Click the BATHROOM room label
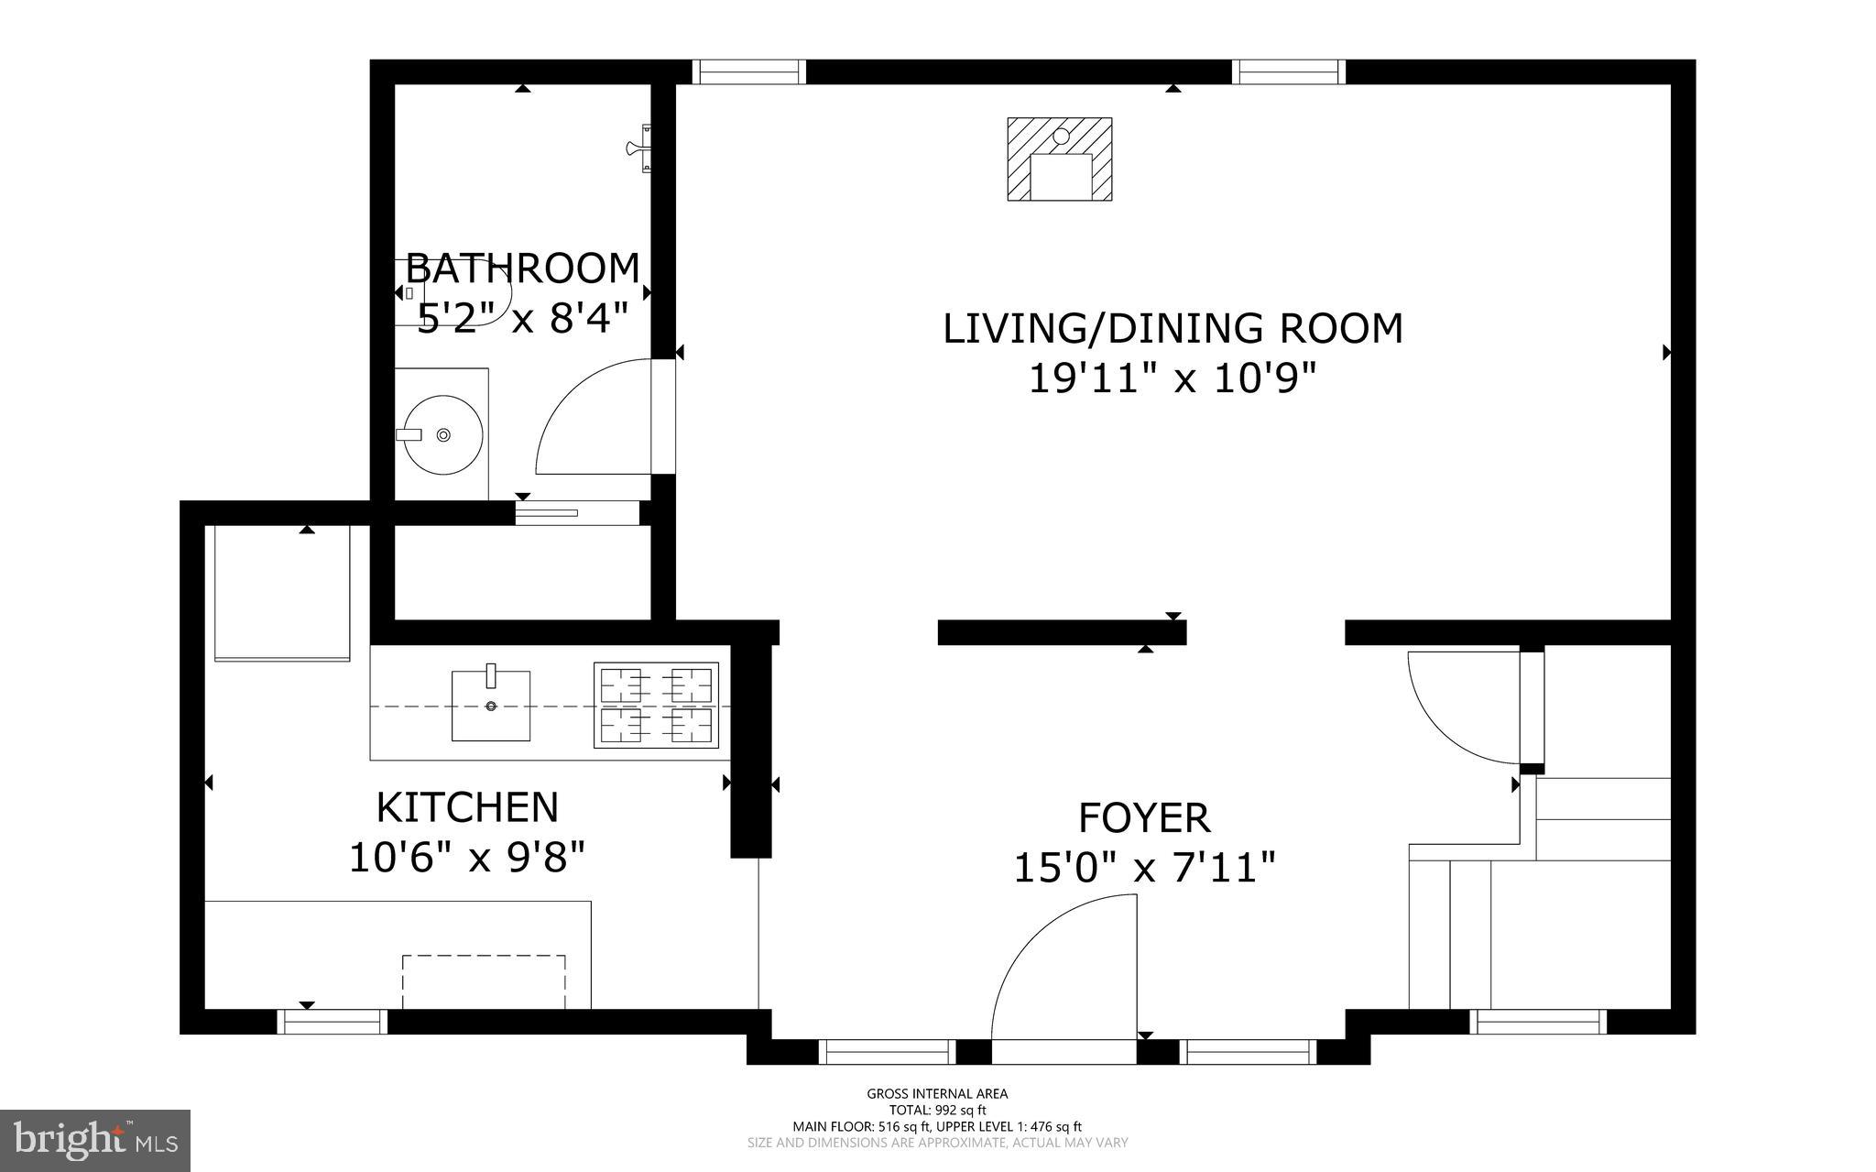tap(522, 268)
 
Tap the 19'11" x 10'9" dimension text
tap(1172, 377)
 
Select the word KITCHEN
tap(467, 807)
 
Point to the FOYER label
tap(1144, 817)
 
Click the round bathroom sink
tap(443, 434)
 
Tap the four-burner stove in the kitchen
tap(656, 705)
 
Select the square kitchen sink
tap(491, 705)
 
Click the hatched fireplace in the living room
tap(1060, 159)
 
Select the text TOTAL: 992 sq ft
tap(937, 1110)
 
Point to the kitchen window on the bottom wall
tap(332, 1021)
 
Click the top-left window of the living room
tap(748, 71)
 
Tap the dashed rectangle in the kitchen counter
tap(484, 981)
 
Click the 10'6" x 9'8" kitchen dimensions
tap(467, 858)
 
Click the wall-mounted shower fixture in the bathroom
tap(641, 148)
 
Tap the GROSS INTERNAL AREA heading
tap(937, 1093)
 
